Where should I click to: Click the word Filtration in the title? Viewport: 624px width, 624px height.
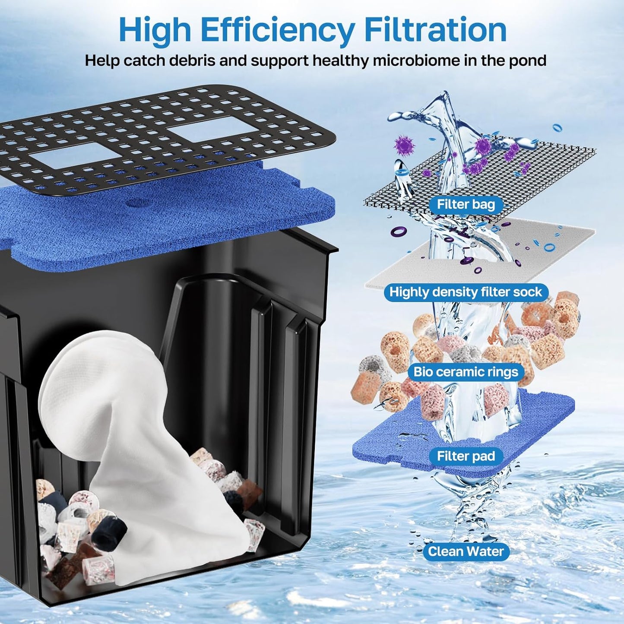[435, 30]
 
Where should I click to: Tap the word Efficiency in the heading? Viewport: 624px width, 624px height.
[277, 31]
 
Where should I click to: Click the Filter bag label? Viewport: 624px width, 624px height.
[466, 204]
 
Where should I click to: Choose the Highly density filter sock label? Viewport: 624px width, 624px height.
[466, 292]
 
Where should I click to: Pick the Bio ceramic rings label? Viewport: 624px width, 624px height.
[466, 372]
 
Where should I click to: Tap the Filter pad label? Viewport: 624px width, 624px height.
[466, 456]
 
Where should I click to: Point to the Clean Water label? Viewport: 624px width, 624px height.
[466, 551]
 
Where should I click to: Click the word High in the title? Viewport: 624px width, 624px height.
[155, 30]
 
